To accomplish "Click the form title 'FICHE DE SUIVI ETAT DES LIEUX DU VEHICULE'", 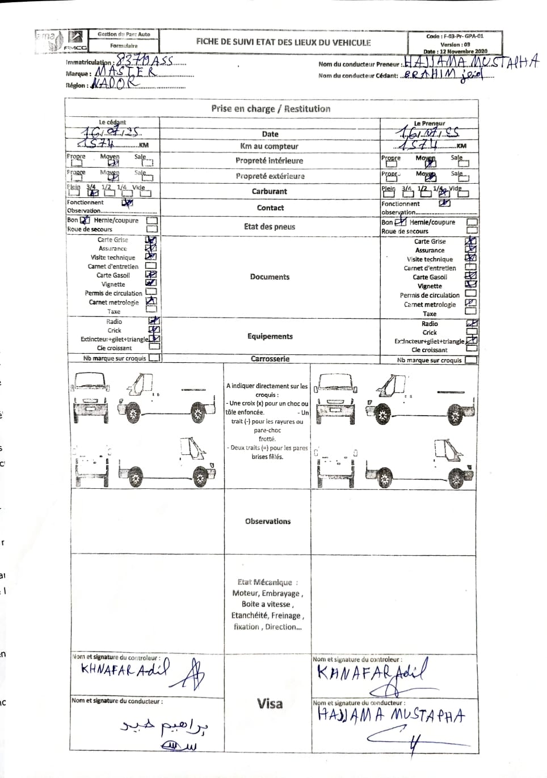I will [283, 42].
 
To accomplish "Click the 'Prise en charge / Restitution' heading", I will [271, 108].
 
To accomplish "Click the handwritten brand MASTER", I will [124, 72].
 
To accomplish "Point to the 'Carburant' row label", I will [270, 192].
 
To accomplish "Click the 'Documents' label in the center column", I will [270, 277].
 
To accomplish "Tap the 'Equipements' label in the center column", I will [270, 336].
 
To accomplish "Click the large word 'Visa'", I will [270, 704].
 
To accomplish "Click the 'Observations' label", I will [268, 521].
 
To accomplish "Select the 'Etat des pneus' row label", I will [270, 226].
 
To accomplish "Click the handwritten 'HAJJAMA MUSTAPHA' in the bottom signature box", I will [391, 716].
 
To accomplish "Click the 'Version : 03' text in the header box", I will [455, 44].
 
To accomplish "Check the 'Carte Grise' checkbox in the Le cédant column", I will [151, 240].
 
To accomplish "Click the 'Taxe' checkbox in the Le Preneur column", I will [470, 311].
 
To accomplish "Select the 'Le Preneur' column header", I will [429, 123].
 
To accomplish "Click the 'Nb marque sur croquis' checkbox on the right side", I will [470, 360].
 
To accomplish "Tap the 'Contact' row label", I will [270, 208].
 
